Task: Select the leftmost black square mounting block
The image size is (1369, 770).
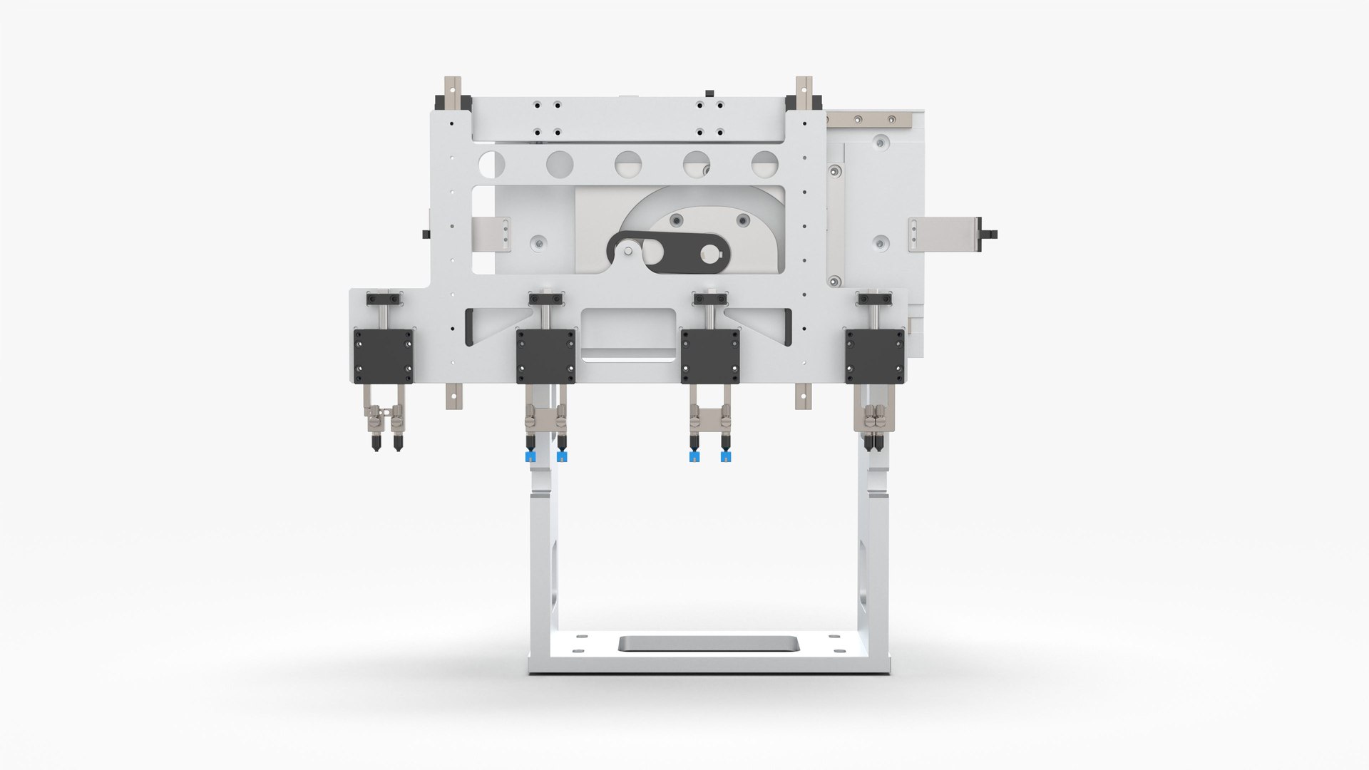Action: point(384,356)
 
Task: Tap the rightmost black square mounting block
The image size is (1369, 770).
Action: point(875,356)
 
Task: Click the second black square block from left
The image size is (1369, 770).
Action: point(546,356)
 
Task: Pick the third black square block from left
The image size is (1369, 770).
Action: point(710,356)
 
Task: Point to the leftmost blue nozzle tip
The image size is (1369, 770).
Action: point(530,457)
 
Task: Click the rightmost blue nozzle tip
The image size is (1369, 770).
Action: point(726,457)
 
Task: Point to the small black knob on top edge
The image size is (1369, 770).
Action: point(709,93)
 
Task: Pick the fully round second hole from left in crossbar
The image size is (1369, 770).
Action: point(560,164)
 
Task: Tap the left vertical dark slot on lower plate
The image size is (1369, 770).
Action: point(469,327)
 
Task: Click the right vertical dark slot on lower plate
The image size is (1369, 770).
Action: point(787,327)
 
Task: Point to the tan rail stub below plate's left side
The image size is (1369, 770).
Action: point(453,396)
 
